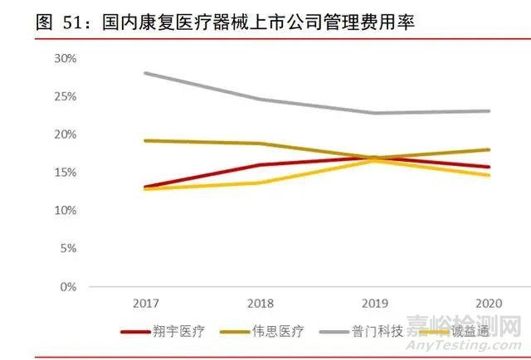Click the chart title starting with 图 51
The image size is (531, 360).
point(224,22)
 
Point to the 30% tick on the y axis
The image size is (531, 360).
point(65,58)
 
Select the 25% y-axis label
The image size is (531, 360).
point(65,96)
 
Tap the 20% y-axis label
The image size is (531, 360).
point(65,134)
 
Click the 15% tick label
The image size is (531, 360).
point(65,173)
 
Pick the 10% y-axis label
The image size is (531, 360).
point(65,211)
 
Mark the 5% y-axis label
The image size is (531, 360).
point(68,249)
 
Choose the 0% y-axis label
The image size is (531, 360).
point(68,287)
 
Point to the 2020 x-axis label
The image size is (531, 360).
point(490,303)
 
